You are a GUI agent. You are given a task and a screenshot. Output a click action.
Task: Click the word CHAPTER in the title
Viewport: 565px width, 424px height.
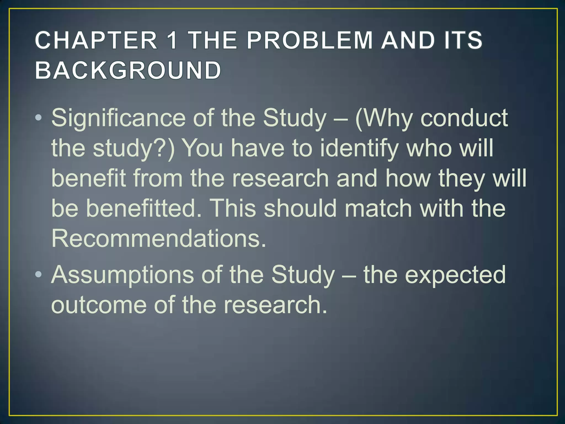[96, 40]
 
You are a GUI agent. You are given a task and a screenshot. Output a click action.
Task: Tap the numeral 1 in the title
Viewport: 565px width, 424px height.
[173, 40]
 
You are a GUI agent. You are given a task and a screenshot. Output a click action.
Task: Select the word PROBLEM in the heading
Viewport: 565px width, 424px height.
[309, 40]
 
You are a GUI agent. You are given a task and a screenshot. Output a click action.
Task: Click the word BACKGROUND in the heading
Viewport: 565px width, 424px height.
[128, 70]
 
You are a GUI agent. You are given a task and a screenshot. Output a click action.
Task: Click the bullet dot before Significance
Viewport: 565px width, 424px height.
[39, 118]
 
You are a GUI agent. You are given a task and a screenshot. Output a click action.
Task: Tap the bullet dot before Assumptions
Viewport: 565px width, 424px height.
[39, 275]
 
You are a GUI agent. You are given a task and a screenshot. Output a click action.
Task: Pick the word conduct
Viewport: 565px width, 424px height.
[464, 118]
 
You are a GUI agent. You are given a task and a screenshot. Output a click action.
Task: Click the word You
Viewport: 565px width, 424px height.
[203, 149]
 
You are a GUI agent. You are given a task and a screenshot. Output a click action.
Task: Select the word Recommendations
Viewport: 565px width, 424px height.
[159, 238]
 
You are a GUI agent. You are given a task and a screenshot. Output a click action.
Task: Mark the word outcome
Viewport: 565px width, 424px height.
[99, 305]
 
